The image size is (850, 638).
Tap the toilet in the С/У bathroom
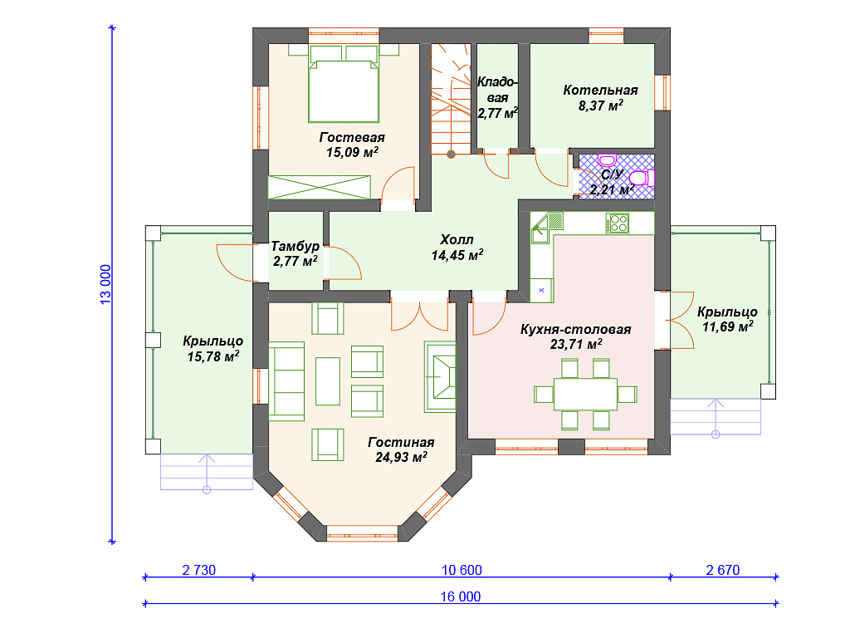[642, 178]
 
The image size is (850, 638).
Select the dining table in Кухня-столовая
[585, 394]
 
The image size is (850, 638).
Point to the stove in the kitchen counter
[617, 223]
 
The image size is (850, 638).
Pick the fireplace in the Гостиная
[440, 376]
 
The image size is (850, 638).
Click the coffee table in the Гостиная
[327, 380]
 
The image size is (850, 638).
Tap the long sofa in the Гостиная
[286, 380]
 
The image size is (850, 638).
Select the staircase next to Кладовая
[451, 100]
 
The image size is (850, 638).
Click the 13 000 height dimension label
[105, 284]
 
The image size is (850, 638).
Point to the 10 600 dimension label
[462, 570]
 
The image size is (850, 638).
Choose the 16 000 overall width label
[460, 596]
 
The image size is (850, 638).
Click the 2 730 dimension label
[199, 570]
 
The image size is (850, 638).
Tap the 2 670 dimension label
[723, 570]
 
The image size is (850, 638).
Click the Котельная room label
[600, 90]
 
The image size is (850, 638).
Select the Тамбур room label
[295, 246]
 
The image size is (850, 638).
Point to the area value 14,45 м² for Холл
[457, 255]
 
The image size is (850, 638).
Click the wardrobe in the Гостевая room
[320, 187]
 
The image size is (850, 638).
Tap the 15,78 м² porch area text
[213, 356]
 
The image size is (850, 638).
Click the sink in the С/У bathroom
[607, 160]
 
